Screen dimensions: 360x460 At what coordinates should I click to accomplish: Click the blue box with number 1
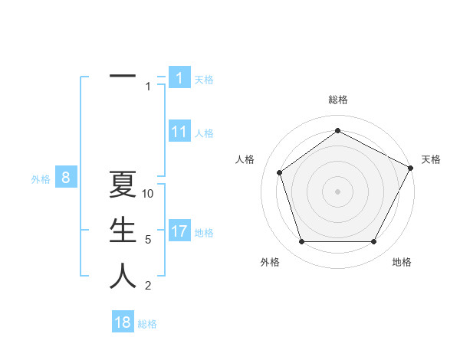(x=179, y=78)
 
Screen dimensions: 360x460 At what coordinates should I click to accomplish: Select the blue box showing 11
(x=179, y=132)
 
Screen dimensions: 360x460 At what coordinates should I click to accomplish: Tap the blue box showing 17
(x=179, y=231)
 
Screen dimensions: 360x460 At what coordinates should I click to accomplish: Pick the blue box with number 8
(x=66, y=178)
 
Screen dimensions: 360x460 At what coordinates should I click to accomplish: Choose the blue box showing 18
(x=123, y=322)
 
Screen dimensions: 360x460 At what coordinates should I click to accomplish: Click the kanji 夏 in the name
(x=123, y=186)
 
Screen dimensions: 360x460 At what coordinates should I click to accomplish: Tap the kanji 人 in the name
(x=123, y=277)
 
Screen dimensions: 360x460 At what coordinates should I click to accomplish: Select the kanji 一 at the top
(x=123, y=77)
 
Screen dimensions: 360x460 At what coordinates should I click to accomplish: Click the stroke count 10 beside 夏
(x=148, y=194)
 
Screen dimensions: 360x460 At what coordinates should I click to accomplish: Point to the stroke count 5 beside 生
(x=148, y=240)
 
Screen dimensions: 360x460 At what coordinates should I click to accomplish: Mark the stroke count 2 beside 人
(x=148, y=286)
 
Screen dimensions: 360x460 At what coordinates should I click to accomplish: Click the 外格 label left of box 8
(x=41, y=180)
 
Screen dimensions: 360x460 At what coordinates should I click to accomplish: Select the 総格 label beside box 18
(x=147, y=324)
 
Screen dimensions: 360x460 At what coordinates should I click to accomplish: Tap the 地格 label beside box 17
(x=204, y=233)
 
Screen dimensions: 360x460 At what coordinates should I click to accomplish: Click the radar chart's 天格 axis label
(x=431, y=159)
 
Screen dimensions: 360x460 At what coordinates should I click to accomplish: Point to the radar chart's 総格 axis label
(x=337, y=100)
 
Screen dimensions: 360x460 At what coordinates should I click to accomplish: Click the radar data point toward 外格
(x=301, y=242)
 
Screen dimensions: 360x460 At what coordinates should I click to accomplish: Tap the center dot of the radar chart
(x=337, y=191)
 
